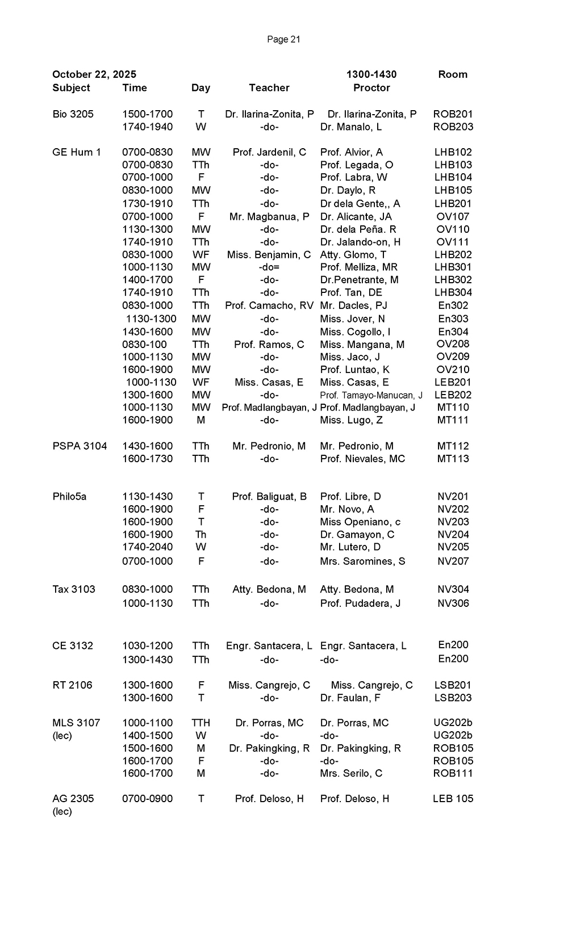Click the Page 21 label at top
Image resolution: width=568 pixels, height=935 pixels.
pos(283,39)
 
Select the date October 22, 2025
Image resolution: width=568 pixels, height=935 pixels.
pos(94,74)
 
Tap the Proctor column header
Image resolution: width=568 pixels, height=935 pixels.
pos(371,88)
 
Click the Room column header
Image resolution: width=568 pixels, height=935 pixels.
pos(453,74)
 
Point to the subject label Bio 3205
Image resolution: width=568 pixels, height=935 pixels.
pos(73,114)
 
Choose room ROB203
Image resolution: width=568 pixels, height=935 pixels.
pos(453,127)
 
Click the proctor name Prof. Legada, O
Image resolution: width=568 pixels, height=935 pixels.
pos(357,165)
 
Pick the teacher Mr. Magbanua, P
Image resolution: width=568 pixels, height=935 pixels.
pos(269,216)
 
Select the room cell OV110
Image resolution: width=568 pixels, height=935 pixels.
pos(453,229)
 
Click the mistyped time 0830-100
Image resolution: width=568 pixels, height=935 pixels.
pos(144,345)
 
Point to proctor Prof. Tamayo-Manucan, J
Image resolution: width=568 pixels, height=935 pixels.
pos(371,395)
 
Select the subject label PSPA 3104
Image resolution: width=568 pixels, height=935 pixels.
pos(80,446)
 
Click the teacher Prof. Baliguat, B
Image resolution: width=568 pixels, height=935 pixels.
pos(269,497)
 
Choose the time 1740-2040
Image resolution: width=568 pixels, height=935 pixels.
pos(147,547)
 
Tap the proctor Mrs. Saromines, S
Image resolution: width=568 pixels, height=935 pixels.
pos(363,561)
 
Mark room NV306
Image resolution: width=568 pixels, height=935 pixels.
pos(453,603)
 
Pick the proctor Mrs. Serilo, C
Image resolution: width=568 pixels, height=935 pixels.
pos(351,773)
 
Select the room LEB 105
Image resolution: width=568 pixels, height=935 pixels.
pos(453,799)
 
